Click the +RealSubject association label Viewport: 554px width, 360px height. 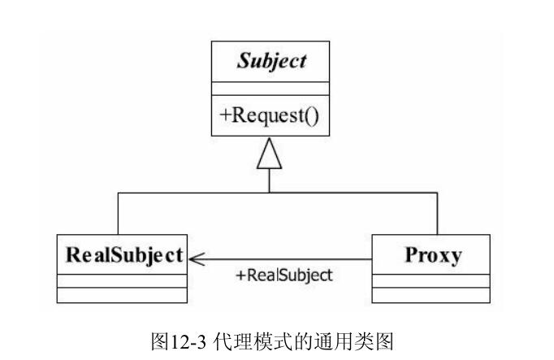tap(283, 275)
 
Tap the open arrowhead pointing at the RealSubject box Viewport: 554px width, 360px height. tap(197, 258)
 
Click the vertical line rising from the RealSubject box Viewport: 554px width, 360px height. tap(119, 214)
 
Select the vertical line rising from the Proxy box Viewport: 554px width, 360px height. tap(438, 214)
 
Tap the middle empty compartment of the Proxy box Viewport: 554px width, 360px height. tap(431, 281)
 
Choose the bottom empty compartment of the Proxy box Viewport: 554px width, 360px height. tap(431, 296)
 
